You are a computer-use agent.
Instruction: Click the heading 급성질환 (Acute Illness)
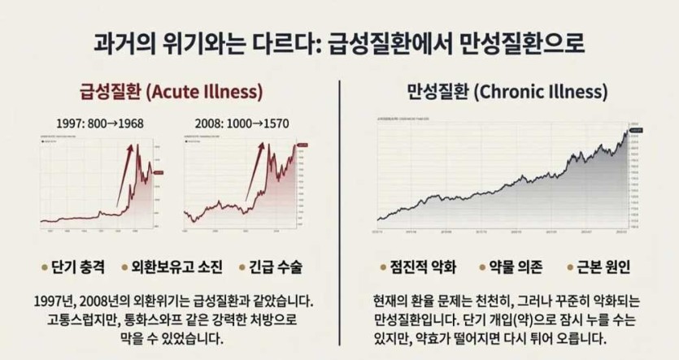point(171,90)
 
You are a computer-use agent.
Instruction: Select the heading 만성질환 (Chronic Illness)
point(506,90)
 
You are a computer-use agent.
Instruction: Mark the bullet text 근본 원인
point(607,267)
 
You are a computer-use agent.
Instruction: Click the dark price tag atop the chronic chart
point(635,130)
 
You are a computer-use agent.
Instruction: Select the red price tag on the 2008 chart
point(302,145)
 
